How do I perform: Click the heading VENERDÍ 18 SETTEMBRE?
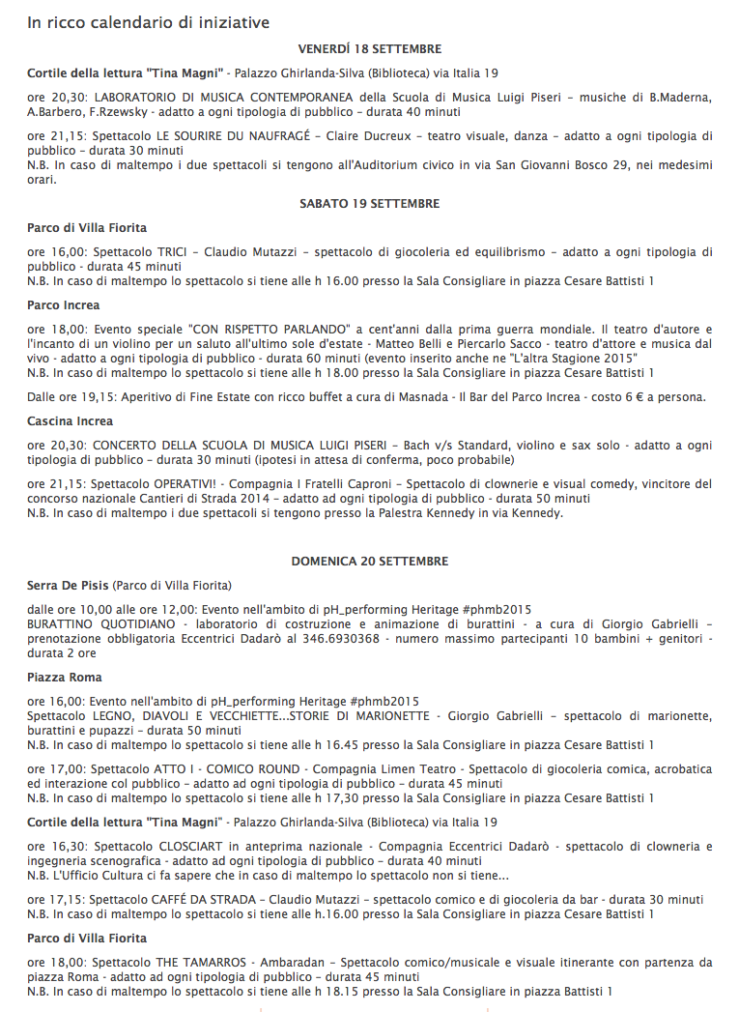click(369, 48)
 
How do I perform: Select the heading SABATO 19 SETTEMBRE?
click(369, 203)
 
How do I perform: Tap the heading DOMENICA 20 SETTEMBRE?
click(369, 561)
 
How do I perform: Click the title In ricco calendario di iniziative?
click(148, 21)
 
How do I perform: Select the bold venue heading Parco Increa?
click(63, 304)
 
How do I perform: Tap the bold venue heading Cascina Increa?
click(70, 420)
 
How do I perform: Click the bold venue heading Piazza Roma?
click(65, 677)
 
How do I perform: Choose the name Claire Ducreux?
click(371, 135)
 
